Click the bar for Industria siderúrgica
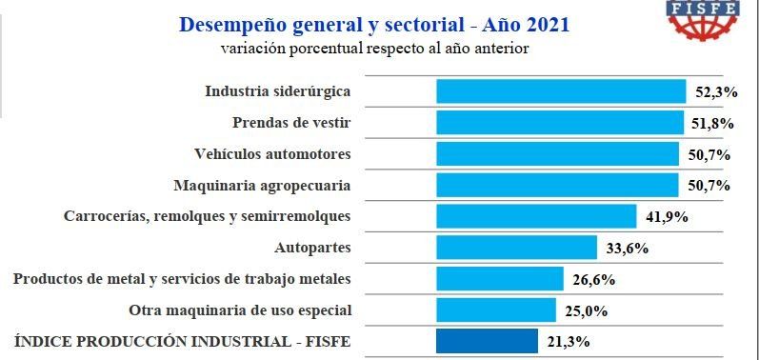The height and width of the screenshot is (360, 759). pos(561,91)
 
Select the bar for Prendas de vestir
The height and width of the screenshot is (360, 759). pos(560,123)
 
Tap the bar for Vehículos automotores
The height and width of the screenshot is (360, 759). pos(557,153)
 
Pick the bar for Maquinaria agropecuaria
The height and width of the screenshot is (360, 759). pos(557,185)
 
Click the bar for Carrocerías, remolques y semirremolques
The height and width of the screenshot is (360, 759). pos(536,216)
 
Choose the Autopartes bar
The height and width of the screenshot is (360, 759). pos(516,248)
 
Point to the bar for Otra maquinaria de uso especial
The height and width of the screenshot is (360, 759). pos(496,310)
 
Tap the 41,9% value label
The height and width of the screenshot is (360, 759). pos(666,217)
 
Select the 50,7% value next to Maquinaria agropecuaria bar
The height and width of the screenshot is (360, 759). pos(709,186)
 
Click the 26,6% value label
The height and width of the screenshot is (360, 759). pos(594,280)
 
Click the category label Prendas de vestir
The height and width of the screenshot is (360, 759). pos(291,123)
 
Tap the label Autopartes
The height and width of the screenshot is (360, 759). pos(312,248)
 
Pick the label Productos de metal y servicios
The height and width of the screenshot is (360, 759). pos(182,279)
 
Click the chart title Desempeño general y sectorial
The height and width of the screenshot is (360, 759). pos(374,24)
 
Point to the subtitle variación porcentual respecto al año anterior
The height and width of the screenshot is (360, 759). pos(374,48)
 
